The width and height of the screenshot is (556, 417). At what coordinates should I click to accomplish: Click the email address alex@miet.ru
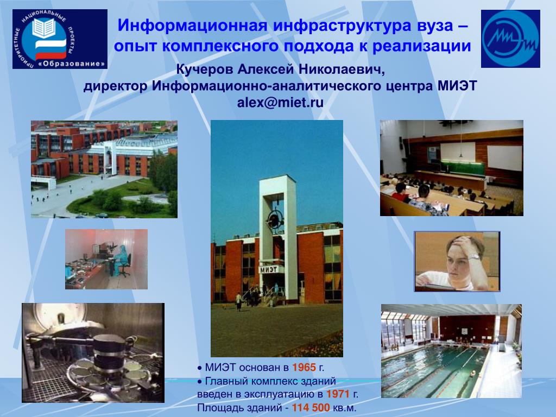tap(280, 103)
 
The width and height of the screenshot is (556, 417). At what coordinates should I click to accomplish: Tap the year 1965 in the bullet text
tap(304, 368)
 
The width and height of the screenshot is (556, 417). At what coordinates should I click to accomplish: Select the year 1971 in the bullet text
tap(338, 394)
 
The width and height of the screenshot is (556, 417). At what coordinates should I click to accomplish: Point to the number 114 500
tap(311, 408)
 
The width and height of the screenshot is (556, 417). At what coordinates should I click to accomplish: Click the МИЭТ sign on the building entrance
tap(269, 270)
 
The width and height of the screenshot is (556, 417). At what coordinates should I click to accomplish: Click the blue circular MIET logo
tap(510, 39)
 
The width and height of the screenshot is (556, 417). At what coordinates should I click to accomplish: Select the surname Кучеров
tap(205, 69)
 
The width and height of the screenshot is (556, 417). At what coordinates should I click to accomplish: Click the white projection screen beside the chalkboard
tap(504, 158)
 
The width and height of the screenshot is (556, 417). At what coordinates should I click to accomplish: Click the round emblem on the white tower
tap(274, 220)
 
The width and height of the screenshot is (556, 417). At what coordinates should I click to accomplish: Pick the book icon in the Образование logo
tap(44, 28)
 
